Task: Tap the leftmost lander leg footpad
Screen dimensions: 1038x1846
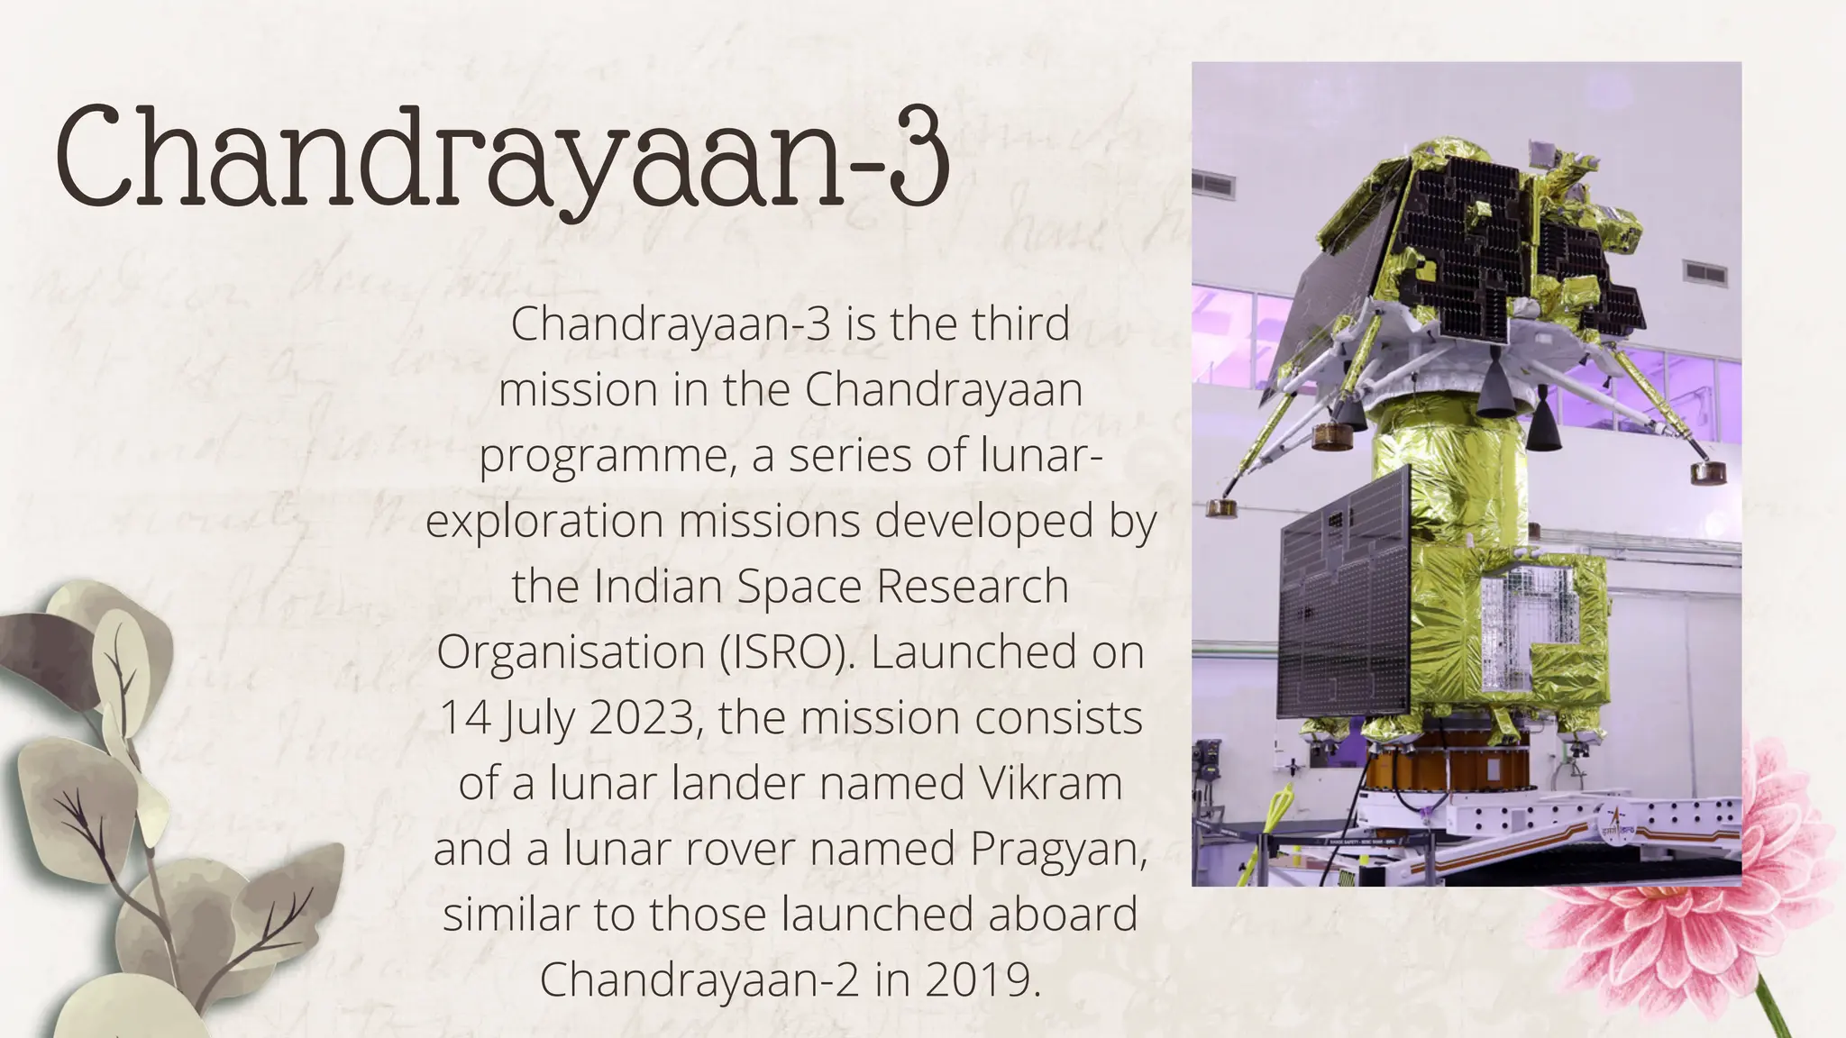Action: [x=1221, y=507]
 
